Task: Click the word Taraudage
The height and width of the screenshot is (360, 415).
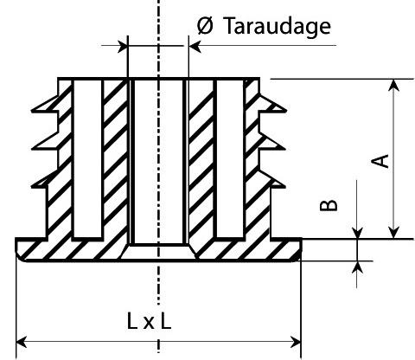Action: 278,27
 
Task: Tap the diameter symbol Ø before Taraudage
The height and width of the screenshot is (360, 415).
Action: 205,25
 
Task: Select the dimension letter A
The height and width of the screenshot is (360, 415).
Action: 380,161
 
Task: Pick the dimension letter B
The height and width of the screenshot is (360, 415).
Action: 329,205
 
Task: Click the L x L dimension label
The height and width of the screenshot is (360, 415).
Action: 150,322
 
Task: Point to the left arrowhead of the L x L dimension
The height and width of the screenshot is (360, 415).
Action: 22,342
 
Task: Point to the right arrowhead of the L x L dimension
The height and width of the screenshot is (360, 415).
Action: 295,342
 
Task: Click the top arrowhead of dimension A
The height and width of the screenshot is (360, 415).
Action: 393,85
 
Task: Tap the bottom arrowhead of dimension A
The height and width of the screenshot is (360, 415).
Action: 393,232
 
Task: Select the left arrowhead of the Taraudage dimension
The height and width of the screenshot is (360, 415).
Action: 122,46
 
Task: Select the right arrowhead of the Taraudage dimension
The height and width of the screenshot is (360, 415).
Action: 195,46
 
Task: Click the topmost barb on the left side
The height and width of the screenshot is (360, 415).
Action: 45,105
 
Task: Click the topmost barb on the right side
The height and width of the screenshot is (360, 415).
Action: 272,105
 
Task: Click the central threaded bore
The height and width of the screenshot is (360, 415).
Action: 158,162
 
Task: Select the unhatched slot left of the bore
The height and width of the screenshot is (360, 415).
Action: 87,158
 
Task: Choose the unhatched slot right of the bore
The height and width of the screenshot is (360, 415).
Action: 230,158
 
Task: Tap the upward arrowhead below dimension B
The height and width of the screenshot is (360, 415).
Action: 357,267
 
